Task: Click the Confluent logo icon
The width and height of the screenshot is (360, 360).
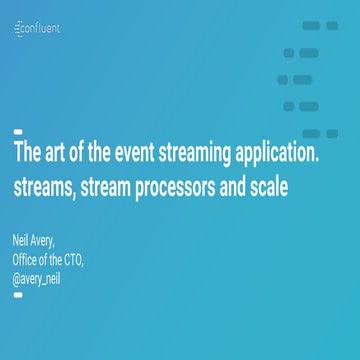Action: click(x=20, y=30)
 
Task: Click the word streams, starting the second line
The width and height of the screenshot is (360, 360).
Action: click(x=43, y=187)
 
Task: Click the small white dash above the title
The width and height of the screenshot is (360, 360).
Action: click(x=17, y=132)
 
